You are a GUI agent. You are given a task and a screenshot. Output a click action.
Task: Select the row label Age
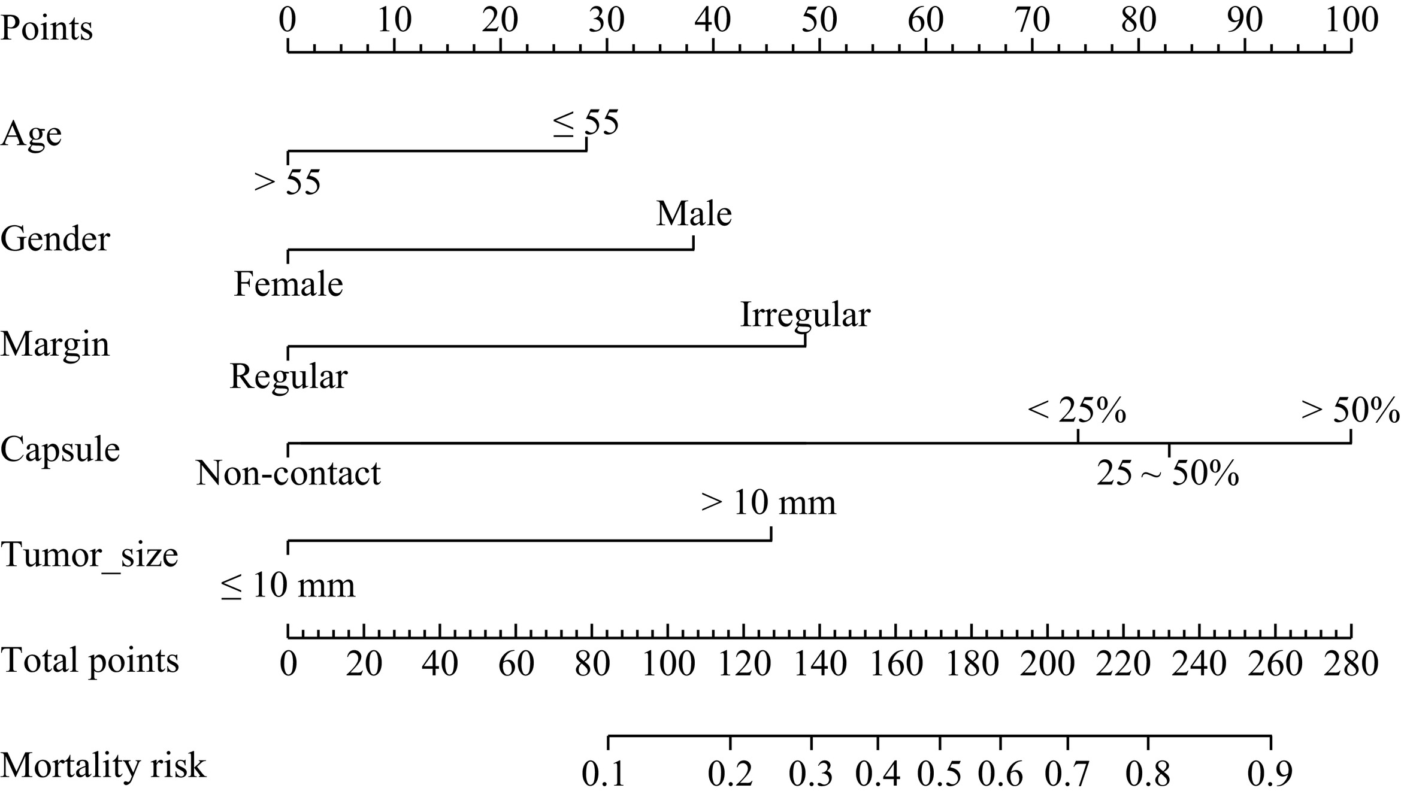[x=31, y=134]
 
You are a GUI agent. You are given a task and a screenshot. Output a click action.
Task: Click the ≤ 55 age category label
[x=585, y=123]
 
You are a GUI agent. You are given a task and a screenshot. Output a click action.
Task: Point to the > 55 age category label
[x=288, y=181]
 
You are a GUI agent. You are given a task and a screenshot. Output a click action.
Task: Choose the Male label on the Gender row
[x=694, y=214]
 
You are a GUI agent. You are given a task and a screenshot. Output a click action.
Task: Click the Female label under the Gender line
[x=288, y=284]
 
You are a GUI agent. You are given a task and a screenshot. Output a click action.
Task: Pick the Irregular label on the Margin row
[x=805, y=314]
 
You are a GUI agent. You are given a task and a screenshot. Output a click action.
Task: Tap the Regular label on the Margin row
[x=288, y=377]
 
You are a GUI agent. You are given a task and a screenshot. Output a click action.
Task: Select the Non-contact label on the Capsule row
[x=288, y=473]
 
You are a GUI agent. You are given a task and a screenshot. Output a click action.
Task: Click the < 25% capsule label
[x=1077, y=411]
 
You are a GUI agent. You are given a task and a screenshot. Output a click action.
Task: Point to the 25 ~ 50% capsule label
[x=1167, y=474]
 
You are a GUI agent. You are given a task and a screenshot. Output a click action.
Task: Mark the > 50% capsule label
[x=1350, y=411]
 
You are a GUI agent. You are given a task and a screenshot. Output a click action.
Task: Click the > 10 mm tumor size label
[x=768, y=502]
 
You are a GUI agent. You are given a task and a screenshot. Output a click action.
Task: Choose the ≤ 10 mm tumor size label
[x=288, y=585]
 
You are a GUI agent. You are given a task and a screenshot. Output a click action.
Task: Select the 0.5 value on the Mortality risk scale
[x=939, y=774]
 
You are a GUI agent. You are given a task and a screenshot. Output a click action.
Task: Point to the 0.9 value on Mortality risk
[x=1270, y=774]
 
